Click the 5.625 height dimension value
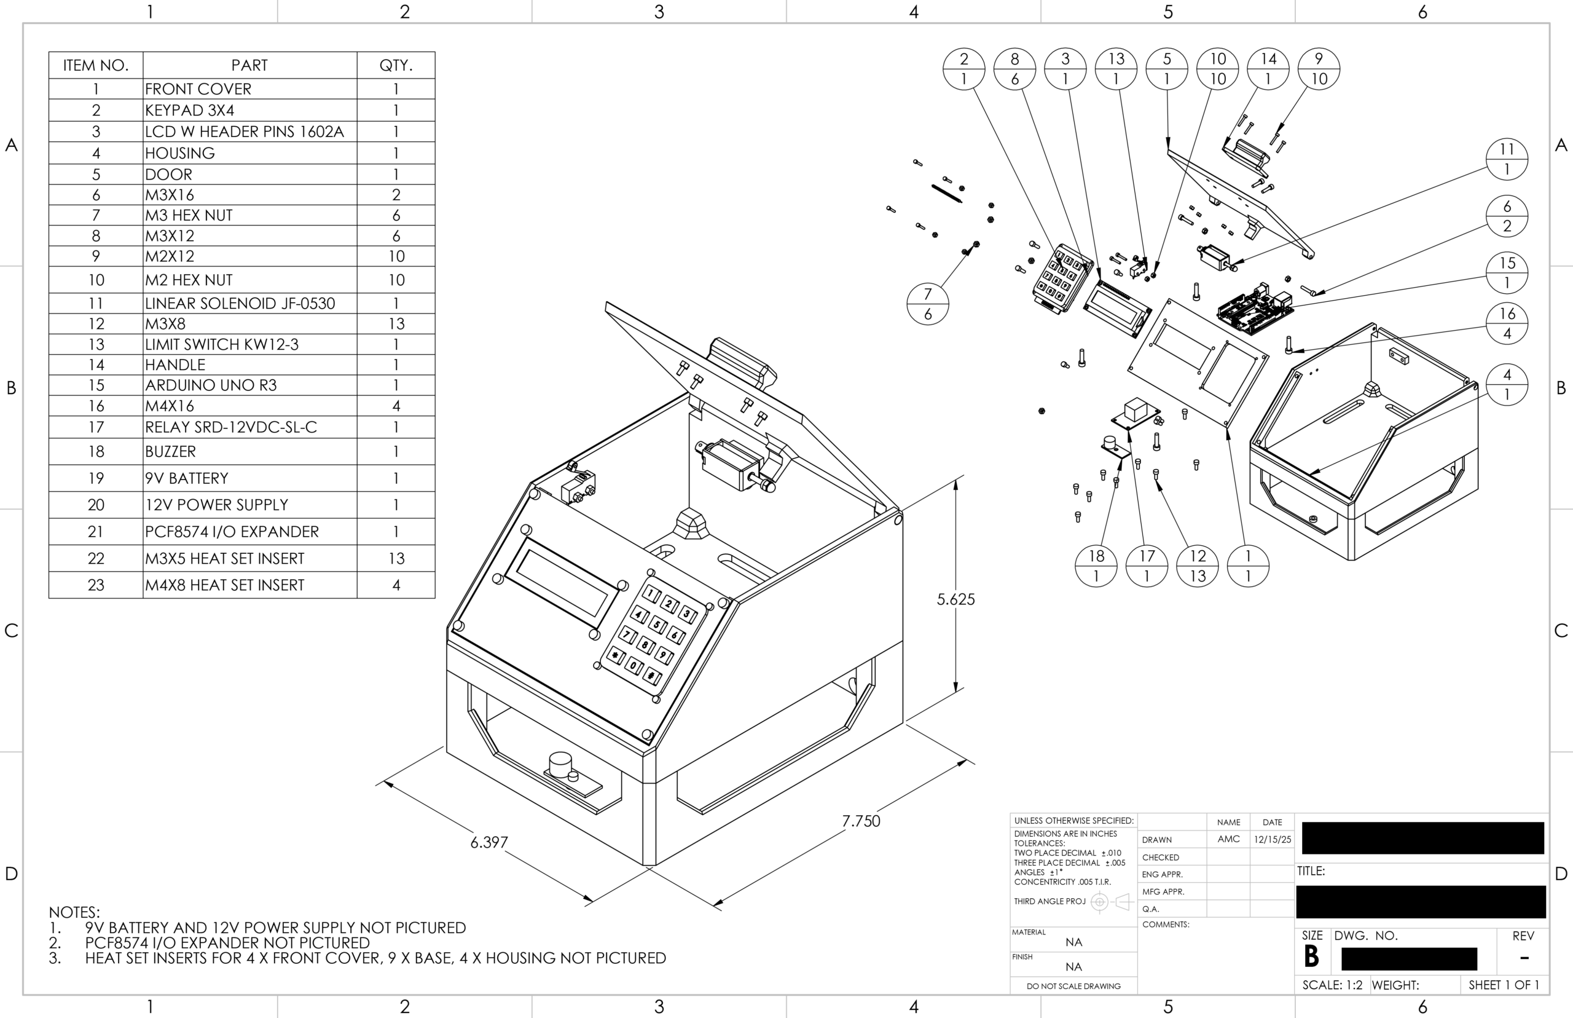(955, 599)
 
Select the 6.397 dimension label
(489, 842)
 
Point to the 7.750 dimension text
(861, 821)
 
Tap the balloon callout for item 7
(928, 304)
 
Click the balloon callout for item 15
(1506, 273)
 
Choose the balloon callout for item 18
(1096, 566)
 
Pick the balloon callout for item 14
(1268, 69)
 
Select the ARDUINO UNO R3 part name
(211, 385)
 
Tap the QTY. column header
(396, 65)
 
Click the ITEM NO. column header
(96, 65)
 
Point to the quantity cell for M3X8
(396, 324)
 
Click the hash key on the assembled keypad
(652, 676)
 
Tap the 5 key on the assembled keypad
(657, 624)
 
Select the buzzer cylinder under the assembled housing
(559, 765)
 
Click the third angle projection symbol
(1110, 902)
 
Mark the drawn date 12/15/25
(1272, 840)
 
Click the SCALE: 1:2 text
(1332, 985)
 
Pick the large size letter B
(1311, 957)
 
